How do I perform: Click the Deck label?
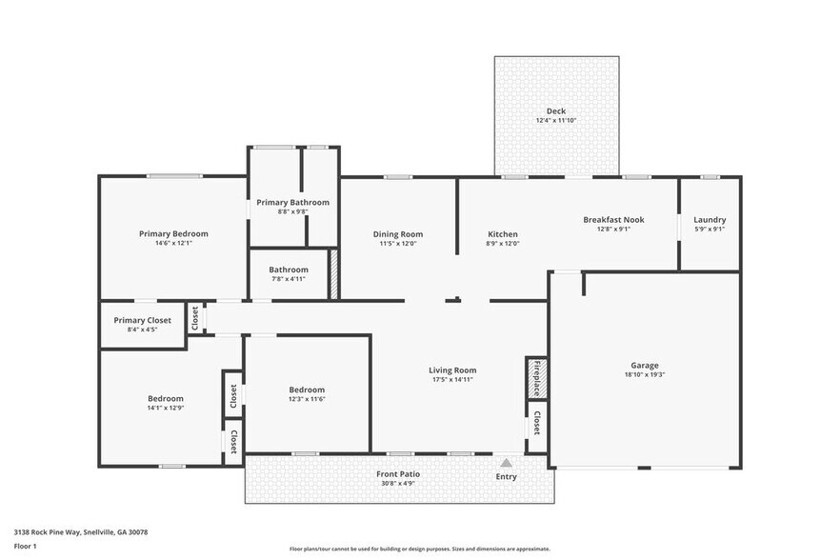coord(555,111)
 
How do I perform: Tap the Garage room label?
coord(645,365)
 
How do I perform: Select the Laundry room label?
coord(710,219)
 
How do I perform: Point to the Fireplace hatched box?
coord(536,377)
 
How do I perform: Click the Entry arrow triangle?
coord(507,462)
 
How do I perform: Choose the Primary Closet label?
coord(142,320)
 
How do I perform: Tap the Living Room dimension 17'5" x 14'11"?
coord(452,380)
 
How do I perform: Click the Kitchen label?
coord(503,233)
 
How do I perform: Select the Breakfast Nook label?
coord(613,219)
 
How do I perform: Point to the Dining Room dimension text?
coord(398,244)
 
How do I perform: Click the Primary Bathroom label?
coord(292,202)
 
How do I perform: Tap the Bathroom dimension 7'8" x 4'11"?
coord(289,279)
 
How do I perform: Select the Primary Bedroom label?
coord(173,233)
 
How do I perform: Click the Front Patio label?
coord(397,473)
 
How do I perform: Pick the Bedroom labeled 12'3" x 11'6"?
coord(307,390)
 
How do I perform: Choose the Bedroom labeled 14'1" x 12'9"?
coord(166,398)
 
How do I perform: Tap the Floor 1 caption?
coord(25,546)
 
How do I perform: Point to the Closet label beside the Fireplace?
coord(537,422)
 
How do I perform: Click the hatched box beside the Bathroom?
coord(334,274)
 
